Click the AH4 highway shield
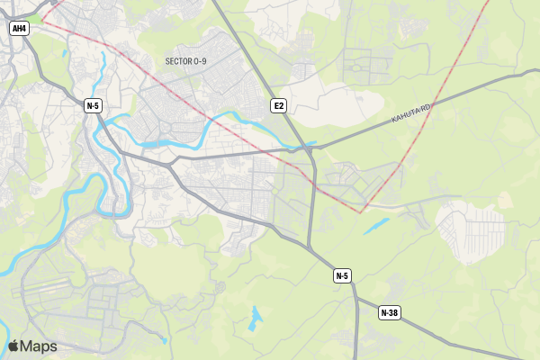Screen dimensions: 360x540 [19, 29]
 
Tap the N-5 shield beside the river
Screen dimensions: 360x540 [93, 106]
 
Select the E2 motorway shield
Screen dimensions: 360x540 [279, 106]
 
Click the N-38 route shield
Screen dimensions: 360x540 [389, 313]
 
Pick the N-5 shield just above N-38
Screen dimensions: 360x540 [342, 275]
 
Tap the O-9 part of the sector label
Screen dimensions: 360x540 [200, 61]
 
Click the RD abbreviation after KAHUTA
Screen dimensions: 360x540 [427, 107]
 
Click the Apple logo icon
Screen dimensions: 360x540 [13, 346]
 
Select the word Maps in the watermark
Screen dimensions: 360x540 [39, 346]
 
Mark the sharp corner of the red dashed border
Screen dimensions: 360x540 [362, 212]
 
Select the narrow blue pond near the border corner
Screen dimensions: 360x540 [376, 226]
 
